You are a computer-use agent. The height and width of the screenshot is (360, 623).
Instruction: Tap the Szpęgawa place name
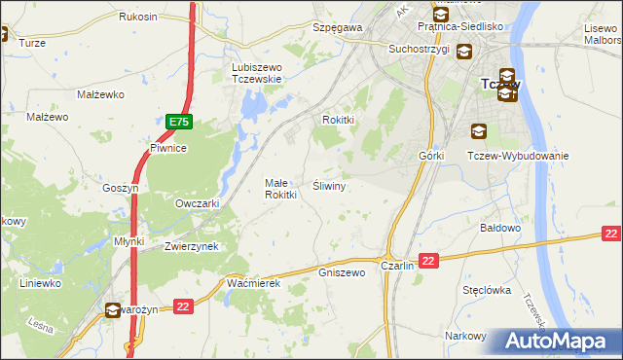tap(337, 28)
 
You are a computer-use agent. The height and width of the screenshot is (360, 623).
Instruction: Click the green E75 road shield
tap(178, 122)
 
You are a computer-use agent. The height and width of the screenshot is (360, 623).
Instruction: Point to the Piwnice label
tap(167, 148)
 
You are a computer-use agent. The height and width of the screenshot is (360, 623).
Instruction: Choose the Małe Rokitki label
tap(280, 189)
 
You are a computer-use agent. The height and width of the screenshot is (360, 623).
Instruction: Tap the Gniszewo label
tap(342, 272)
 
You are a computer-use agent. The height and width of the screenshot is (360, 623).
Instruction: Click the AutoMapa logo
tap(558, 341)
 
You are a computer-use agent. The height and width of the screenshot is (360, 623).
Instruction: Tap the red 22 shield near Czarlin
tap(430, 260)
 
